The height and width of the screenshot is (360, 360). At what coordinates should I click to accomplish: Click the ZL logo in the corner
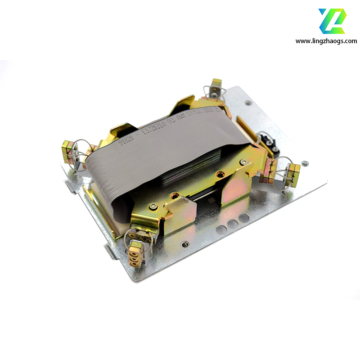(333, 21)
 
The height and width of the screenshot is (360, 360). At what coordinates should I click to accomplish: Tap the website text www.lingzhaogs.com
(326, 41)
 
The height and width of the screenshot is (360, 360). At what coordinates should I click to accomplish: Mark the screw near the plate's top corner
(248, 103)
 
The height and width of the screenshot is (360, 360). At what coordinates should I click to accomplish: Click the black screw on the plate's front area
(184, 244)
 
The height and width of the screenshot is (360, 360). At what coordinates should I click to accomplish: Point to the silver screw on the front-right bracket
(243, 162)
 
